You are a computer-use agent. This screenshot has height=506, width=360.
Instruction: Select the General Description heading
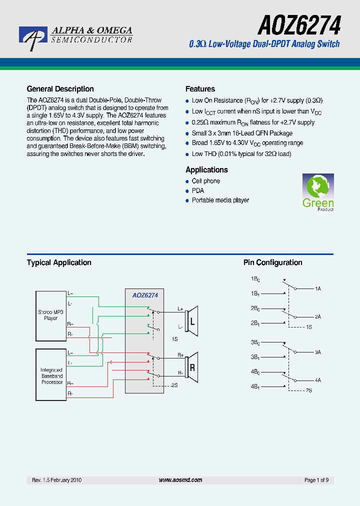coord(60,89)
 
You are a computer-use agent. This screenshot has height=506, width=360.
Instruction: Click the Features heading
coord(200,89)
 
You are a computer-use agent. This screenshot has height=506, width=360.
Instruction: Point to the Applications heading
coord(206,170)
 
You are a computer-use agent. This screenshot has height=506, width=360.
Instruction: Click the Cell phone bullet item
coord(205,181)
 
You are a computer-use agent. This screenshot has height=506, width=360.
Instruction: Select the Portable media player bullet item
coord(220,200)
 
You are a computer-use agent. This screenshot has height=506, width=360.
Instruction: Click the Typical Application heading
coord(59,262)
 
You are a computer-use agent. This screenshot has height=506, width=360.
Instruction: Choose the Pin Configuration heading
coord(272,262)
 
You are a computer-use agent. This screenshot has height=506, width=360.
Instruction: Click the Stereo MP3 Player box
coord(50,314)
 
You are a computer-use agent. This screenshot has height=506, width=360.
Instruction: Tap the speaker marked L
coord(191,321)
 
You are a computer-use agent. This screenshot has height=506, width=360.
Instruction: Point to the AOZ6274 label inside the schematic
coord(145,295)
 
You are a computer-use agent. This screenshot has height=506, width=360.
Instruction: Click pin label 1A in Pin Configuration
coord(318,289)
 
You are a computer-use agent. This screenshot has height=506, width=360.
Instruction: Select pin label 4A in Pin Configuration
coord(318,380)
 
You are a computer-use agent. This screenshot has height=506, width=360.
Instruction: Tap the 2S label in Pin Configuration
coord(309,390)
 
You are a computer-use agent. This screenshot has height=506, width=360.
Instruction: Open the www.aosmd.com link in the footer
coord(180,480)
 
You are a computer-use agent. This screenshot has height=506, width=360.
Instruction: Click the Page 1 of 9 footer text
coord(316,480)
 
